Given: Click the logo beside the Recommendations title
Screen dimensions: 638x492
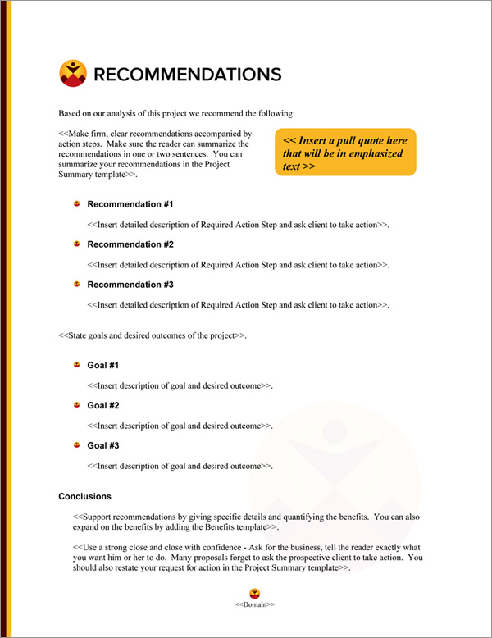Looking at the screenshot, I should [73, 74].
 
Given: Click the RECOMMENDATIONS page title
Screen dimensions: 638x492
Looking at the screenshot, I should [188, 75].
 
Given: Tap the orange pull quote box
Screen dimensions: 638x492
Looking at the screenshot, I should [345, 153].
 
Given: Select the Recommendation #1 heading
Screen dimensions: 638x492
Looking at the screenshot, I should [130, 204].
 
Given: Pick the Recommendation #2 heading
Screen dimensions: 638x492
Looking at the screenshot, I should [130, 244].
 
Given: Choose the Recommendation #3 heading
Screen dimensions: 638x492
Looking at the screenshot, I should [130, 285].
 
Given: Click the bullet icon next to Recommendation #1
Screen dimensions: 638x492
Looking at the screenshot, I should [75, 203].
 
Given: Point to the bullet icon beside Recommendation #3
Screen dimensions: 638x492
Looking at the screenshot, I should [75, 284].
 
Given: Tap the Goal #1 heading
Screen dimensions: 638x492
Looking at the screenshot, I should [103, 365].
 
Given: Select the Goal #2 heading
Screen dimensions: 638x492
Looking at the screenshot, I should [103, 405].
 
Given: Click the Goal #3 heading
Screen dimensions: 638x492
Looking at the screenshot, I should [103, 445].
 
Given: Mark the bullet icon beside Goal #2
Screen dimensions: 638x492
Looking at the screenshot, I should [75, 404].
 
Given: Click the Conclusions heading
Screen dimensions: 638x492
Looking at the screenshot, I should [85, 496].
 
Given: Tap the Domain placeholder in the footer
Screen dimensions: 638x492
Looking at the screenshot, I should [254, 604].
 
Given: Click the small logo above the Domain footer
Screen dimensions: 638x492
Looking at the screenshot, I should [254, 593].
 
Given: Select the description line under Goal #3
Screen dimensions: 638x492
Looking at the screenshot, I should [180, 466].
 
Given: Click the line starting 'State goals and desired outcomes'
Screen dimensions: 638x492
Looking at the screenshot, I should [153, 336].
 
